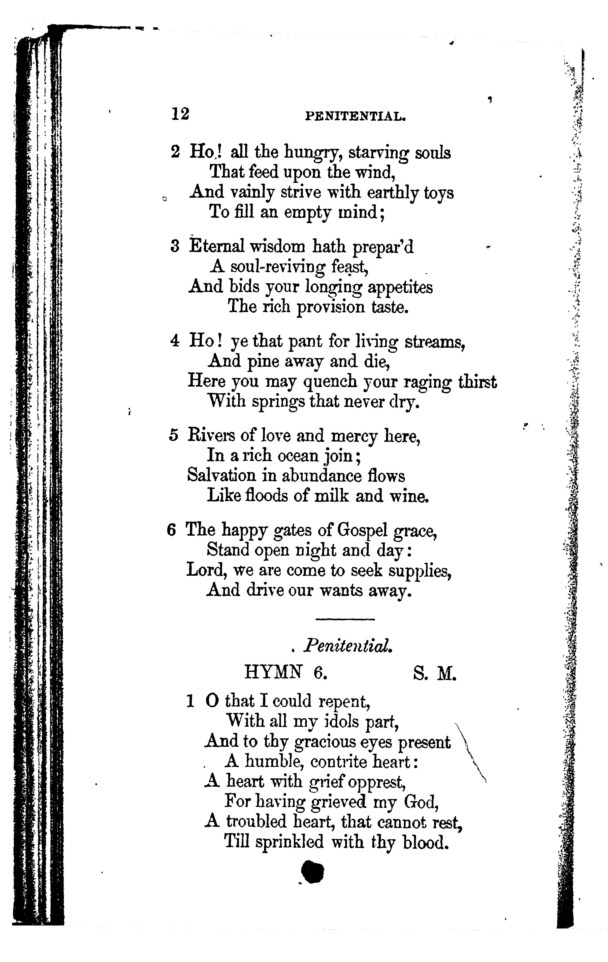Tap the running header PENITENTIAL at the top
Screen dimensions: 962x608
pos(355,116)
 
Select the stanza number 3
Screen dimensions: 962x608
pos(175,247)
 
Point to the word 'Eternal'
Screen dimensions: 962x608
pos(216,246)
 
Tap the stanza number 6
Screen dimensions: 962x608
pos(171,530)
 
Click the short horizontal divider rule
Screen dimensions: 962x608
pos(345,620)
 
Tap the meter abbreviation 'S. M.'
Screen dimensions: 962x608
pos(435,674)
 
